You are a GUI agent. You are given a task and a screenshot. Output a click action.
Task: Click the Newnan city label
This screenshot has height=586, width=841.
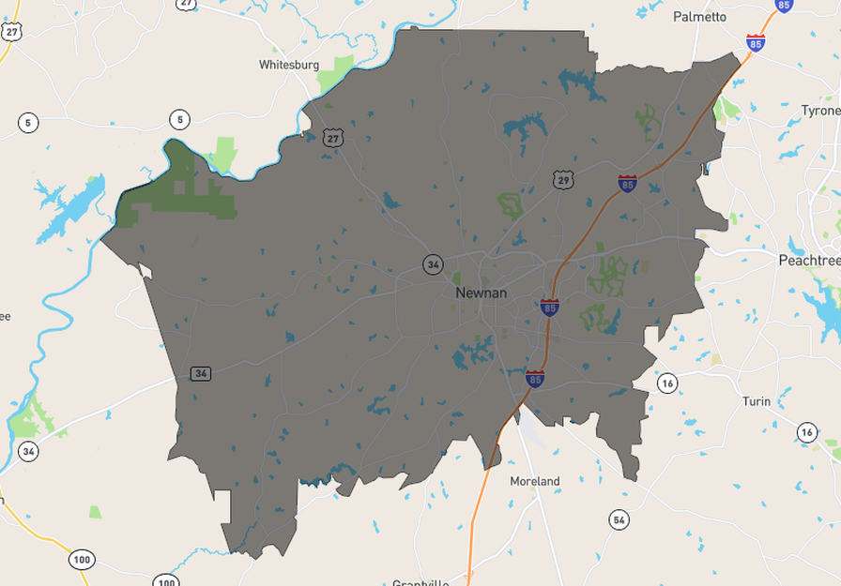[x=481, y=293]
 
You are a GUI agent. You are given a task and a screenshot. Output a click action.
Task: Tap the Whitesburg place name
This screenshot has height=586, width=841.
[x=289, y=65]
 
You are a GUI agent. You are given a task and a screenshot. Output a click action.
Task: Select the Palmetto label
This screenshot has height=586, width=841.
[x=699, y=17]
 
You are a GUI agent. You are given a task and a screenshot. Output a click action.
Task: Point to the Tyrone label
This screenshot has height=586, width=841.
[x=820, y=111]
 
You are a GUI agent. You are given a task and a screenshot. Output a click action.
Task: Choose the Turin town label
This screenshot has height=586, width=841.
[x=756, y=401]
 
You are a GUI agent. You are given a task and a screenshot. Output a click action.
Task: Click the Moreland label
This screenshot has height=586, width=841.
[x=534, y=481]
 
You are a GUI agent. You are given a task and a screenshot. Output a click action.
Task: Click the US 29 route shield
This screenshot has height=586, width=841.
[x=562, y=179]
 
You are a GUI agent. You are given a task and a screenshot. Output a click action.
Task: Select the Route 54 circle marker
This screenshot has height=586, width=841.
[x=618, y=519]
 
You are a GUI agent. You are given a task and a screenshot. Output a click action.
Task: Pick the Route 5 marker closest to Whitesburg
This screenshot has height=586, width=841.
[x=179, y=119]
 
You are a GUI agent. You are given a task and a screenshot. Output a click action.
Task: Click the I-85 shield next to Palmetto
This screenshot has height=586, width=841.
[x=756, y=42]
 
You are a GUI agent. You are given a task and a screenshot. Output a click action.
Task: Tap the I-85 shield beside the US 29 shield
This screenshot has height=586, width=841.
[x=627, y=183]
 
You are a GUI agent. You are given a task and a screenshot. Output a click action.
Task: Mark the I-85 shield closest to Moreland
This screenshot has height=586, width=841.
[x=534, y=379]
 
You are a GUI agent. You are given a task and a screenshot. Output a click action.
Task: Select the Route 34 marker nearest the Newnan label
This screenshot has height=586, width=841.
[x=432, y=264]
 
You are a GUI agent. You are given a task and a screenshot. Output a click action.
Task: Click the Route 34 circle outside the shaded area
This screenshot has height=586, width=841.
[x=29, y=451]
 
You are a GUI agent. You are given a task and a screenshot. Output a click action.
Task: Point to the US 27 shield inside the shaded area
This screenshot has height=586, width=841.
[x=333, y=138]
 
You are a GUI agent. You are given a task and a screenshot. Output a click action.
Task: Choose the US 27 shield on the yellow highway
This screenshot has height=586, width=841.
[x=11, y=31]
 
